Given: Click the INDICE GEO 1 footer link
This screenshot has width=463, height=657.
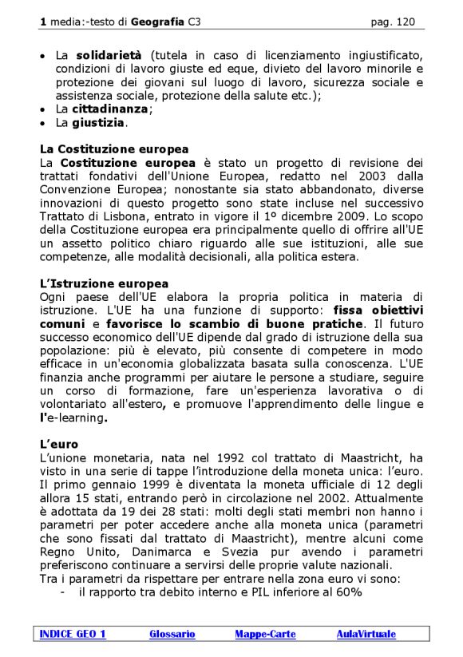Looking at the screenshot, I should pos(73,634).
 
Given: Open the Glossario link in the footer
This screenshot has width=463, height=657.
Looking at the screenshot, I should pos(172,634).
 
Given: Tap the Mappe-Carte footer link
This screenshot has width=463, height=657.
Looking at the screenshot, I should pos(265,634).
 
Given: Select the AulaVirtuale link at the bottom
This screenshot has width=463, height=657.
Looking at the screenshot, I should pos(366,634).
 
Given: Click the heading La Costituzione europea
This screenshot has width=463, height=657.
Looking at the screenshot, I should pos(114,149).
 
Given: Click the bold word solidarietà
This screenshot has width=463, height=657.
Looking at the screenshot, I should pos(109,54).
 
